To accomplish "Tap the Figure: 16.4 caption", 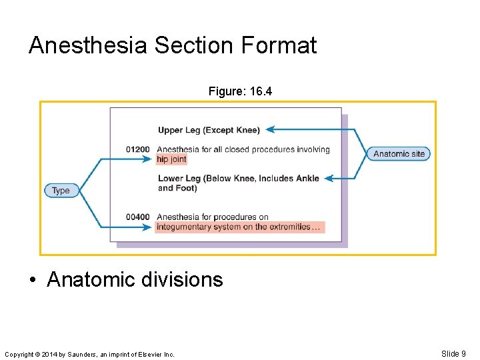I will point(240,91).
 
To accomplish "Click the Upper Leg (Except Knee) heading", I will point(209,130).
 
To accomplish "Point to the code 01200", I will point(138,149).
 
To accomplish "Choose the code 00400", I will point(138,217).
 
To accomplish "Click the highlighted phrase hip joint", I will point(171,159).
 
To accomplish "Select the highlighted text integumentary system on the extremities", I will point(239,227).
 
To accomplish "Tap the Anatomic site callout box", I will point(399,154).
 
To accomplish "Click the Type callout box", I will point(61,191).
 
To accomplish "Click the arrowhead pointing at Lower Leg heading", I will point(328,178).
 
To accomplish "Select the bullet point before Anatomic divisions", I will point(33,280).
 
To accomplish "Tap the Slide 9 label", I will point(453,353).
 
